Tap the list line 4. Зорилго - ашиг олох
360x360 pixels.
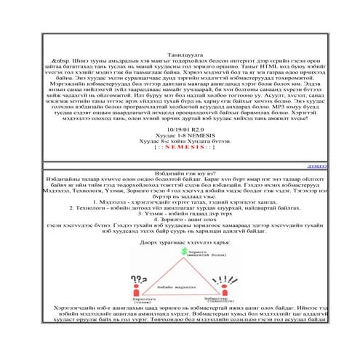pyautogui.click(x=180, y=218)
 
